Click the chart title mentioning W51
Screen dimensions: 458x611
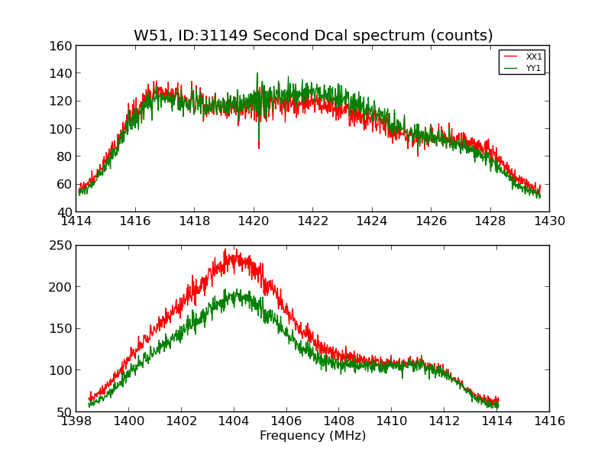[313, 36]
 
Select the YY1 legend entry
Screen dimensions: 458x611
[533, 68]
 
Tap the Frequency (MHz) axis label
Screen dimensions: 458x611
[312, 436]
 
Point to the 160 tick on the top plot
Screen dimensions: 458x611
[63, 46]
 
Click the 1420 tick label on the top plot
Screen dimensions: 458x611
[254, 221]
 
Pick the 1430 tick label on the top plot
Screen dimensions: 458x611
[549, 221]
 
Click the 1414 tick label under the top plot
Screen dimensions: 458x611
[76, 221]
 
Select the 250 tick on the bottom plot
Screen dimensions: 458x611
[63, 246]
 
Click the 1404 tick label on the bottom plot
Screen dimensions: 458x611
[233, 421]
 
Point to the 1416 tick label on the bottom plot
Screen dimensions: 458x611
[549, 421]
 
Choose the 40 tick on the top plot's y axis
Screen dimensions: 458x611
[65, 211]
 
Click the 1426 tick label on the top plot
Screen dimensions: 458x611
[431, 221]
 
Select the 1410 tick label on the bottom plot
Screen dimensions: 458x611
[391, 421]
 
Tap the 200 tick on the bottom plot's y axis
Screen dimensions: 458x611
[63, 287]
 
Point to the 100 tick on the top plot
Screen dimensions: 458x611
[63, 129]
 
